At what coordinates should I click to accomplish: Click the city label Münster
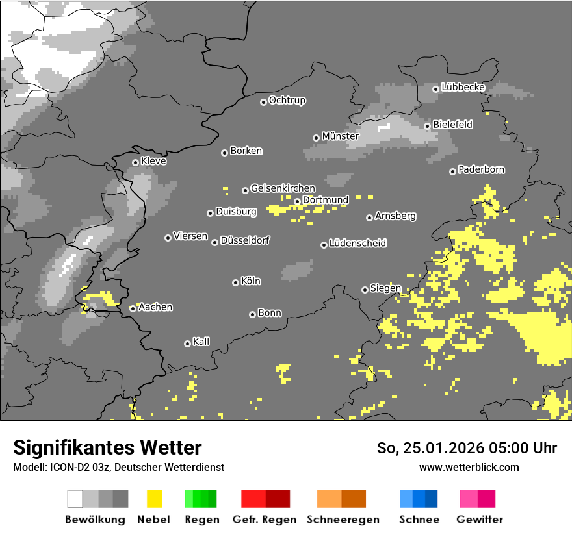coord(341,136)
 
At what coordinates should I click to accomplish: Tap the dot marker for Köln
coord(235,282)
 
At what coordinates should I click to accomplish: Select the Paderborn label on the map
coord(482,170)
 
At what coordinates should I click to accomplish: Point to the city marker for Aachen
coord(133,308)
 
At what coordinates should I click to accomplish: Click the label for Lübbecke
coord(463,87)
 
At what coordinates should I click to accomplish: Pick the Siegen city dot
coord(365,290)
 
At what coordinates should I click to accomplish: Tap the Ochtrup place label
coord(287,101)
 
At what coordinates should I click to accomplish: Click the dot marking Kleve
coord(135,162)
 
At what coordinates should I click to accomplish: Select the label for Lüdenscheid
coord(358,244)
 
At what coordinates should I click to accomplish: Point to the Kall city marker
coord(187,344)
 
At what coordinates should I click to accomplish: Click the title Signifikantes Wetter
coord(107,448)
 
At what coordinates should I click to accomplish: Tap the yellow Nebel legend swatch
coord(154,499)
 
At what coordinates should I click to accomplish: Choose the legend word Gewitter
coord(480,520)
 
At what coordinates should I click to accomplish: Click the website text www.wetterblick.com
coord(469,467)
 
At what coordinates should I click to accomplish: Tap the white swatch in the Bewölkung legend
coord(75,499)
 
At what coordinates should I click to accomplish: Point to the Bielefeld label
coord(453,125)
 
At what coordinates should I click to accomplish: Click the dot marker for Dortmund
coord(297,201)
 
